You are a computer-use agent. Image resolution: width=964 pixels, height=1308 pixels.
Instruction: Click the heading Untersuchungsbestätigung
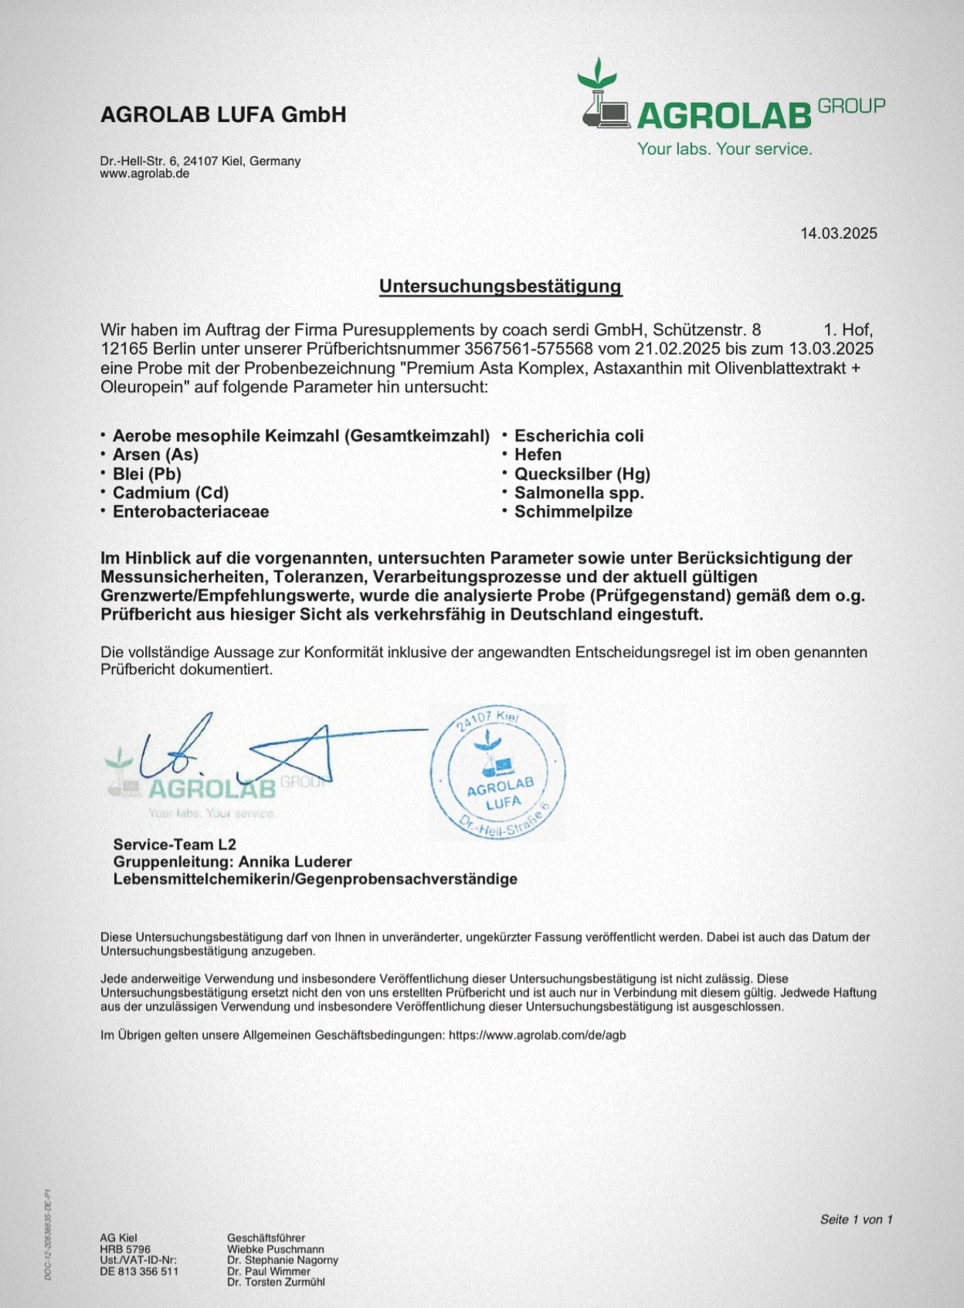500,286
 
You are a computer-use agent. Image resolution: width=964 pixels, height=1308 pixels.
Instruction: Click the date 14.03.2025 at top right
838,233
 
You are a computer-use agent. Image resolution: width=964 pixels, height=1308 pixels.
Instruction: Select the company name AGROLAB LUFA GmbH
223,115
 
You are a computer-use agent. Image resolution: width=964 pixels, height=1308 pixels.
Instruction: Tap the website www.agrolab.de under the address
144,174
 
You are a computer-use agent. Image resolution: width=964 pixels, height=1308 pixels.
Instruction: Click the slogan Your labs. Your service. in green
724,149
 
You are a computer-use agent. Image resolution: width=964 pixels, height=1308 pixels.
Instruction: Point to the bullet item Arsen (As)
155,455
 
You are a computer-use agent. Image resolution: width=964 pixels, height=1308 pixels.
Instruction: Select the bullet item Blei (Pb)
147,474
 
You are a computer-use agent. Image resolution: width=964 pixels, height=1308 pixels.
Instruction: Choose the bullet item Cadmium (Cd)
170,493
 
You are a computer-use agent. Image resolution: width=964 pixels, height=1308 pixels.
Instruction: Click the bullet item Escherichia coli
579,436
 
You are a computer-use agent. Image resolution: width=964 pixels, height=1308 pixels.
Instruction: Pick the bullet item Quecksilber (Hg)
582,474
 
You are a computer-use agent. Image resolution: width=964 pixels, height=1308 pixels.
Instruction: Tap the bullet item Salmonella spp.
579,493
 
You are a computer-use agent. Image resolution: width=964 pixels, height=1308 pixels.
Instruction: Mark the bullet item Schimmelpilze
573,512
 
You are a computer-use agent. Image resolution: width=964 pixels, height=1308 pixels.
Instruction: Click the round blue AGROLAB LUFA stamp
498,773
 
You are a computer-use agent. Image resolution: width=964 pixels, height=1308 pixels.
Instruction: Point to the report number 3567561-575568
528,349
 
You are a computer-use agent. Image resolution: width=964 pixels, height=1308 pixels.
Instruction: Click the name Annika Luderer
295,862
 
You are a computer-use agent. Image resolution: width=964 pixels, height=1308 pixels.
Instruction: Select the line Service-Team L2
175,844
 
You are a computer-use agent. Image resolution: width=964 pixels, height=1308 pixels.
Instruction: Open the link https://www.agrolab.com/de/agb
537,1035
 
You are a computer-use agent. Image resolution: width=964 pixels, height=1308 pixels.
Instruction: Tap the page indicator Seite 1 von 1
856,1219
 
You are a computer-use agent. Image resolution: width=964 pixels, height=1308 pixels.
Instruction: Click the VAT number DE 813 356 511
139,1271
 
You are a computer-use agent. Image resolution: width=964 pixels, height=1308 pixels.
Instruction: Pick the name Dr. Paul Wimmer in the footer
269,1271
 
